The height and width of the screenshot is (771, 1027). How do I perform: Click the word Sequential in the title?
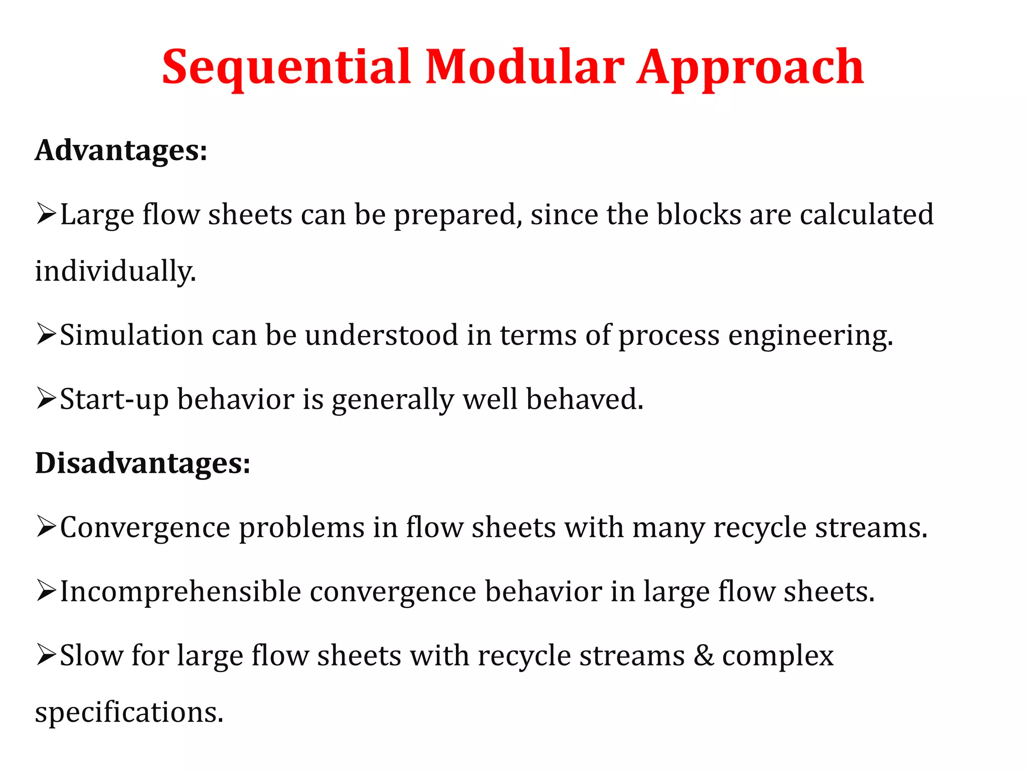286,67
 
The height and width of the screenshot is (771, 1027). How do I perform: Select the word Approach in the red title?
750,67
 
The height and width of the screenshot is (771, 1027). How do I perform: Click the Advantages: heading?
121,150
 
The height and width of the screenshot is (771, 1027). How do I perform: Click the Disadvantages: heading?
142,463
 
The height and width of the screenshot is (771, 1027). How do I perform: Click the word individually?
115,272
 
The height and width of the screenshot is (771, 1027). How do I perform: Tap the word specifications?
129,712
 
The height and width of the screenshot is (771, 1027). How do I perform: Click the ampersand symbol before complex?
704,656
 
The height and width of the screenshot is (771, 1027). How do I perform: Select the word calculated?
867,215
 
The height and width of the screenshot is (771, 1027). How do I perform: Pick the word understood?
381,335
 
